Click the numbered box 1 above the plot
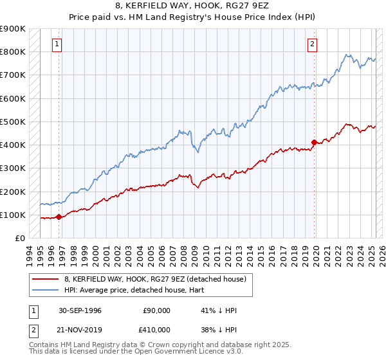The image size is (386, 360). pos(57,44)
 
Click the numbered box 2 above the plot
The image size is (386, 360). pos(312,44)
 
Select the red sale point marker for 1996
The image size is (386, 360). pos(59,217)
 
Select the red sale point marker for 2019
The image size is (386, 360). pos(314,142)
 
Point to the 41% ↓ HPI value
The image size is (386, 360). pos(219,310)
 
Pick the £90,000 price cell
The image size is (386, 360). pos(155,310)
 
